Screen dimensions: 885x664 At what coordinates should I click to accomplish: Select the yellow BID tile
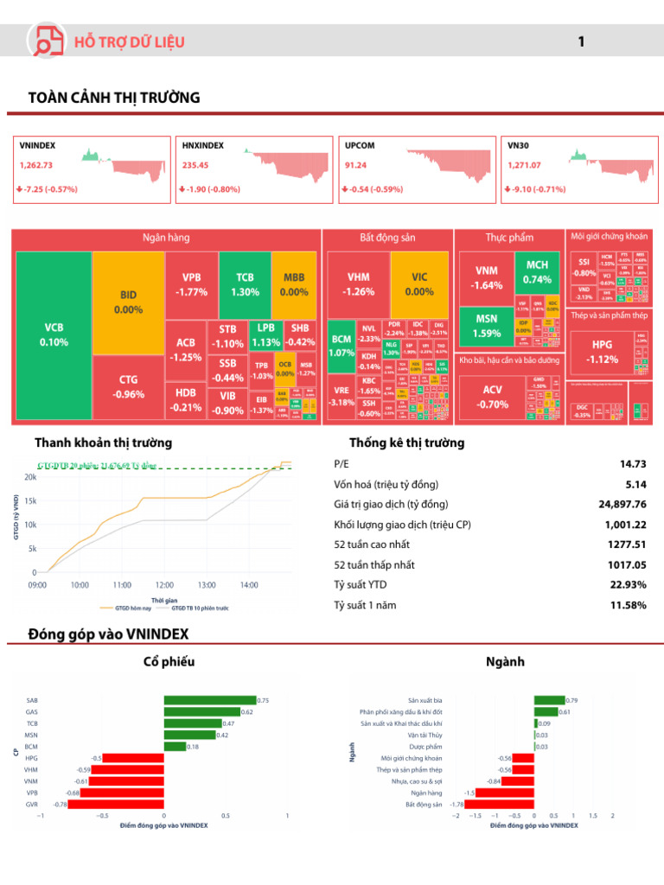[128, 302]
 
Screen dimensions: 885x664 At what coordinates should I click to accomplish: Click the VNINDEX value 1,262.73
[36, 165]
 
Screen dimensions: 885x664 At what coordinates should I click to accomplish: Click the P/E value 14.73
[633, 464]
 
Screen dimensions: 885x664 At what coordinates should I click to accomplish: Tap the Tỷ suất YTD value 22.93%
[629, 585]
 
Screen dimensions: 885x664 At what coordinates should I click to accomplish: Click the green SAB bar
[210, 700]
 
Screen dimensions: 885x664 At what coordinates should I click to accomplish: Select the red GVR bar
[116, 805]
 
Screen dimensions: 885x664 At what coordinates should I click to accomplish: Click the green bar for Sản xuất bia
[549, 700]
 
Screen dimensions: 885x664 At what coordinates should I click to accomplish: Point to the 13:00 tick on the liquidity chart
[207, 585]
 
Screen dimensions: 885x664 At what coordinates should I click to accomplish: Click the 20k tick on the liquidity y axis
[29, 477]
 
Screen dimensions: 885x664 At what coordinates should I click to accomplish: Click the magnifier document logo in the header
[44, 41]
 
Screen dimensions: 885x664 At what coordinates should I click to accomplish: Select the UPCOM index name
[360, 146]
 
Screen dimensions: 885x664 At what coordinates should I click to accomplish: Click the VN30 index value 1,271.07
[526, 165]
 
